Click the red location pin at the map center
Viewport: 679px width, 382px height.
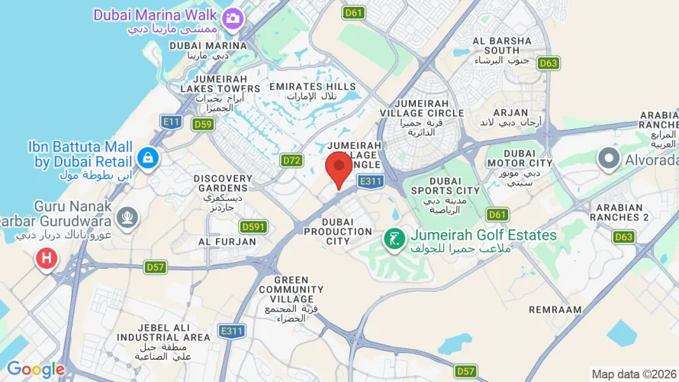click(339, 167)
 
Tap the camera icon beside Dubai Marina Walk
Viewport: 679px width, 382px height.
click(233, 17)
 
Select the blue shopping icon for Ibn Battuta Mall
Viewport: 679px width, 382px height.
click(147, 158)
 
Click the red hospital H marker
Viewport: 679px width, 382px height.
click(46, 259)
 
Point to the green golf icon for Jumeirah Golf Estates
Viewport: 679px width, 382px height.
click(394, 240)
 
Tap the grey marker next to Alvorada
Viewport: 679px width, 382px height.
click(608, 159)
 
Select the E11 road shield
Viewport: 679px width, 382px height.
click(171, 121)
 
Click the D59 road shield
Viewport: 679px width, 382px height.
click(203, 124)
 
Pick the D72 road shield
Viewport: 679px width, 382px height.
click(291, 160)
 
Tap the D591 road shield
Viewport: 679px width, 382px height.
click(253, 226)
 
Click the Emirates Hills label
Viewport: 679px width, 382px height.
click(323, 92)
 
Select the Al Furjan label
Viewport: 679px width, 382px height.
click(227, 241)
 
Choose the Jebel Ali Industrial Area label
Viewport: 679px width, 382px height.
click(163, 336)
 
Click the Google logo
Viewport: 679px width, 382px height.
click(35, 370)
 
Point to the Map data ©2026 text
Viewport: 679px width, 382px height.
click(634, 374)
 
